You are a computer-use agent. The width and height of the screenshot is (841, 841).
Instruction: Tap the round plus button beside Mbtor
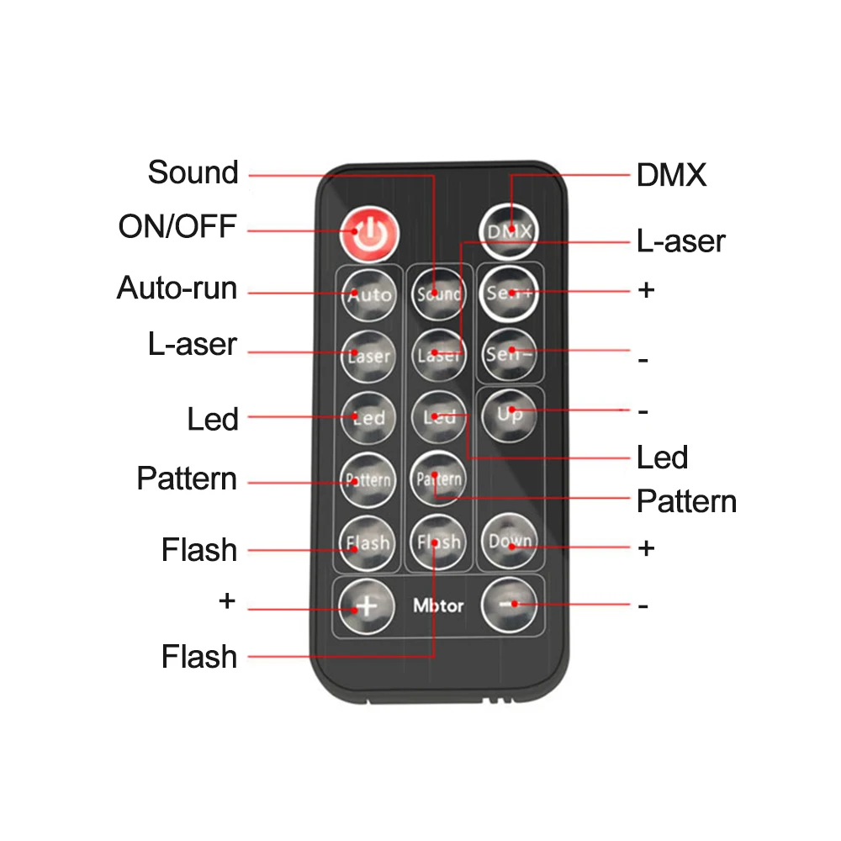(367, 606)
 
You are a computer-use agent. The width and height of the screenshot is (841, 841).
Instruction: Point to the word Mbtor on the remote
(438, 606)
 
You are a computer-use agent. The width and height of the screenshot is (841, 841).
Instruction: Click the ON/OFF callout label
(178, 226)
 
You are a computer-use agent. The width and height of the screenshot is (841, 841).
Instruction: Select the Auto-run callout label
(177, 288)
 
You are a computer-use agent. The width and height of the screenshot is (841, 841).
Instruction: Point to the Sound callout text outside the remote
(193, 172)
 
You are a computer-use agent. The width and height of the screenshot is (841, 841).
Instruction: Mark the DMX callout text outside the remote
(671, 176)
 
